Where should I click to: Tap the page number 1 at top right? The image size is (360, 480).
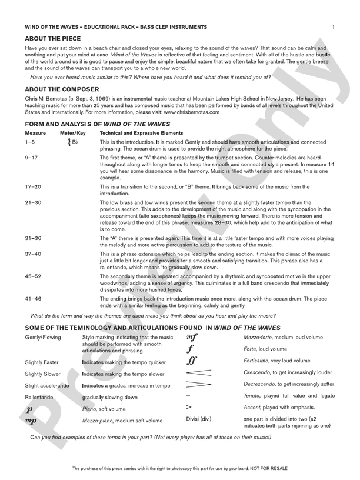[x=333, y=27]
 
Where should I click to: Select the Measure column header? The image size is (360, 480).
[x=35, y=134]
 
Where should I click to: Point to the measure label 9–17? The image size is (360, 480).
[x=32, y=158]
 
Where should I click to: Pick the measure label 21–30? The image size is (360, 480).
[x=33, y=202]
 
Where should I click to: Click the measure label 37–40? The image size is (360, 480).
[x=33, y=253]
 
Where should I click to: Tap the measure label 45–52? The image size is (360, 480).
[x=33, y=276]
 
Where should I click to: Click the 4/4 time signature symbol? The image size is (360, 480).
[x=69, y=142]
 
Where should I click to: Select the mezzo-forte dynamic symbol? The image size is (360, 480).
[x=192, y=337]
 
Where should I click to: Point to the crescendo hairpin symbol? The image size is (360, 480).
[x=199, y=372]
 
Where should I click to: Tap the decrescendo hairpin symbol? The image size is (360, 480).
[x=199, y=384]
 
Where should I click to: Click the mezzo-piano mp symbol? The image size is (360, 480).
[x=31, y=421]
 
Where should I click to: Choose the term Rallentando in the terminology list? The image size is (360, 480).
[x=40, y=396]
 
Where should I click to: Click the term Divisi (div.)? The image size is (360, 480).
[x=198, y=419]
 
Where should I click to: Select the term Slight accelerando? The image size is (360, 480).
[x=47, y=385]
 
